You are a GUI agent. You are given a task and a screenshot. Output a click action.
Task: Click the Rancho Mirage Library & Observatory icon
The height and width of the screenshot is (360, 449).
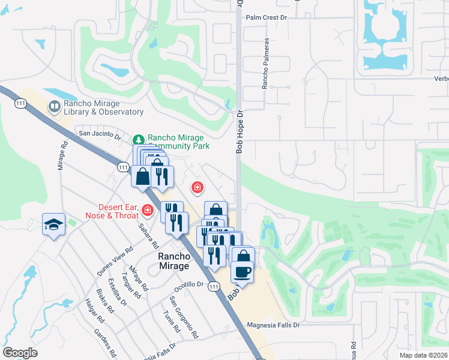(x=55, y=107)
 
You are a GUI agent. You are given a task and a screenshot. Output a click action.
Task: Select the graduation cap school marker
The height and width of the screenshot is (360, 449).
(x=53, y=224)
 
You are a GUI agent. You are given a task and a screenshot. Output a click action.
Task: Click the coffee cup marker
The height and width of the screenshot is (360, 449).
(x=243, y=271)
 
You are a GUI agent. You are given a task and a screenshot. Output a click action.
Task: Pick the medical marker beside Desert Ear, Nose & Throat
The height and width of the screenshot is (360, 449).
(x=148, y=211)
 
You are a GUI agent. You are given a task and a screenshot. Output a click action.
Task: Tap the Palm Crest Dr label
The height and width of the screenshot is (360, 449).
(x=267, y=18)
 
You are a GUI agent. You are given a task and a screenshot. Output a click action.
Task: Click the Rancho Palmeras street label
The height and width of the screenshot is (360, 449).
(x=264, y=65)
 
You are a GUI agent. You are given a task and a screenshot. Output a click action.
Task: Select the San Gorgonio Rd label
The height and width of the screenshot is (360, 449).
(x=184, y=310)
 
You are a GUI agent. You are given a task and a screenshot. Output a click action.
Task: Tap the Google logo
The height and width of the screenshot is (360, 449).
(x=20, y=353)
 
